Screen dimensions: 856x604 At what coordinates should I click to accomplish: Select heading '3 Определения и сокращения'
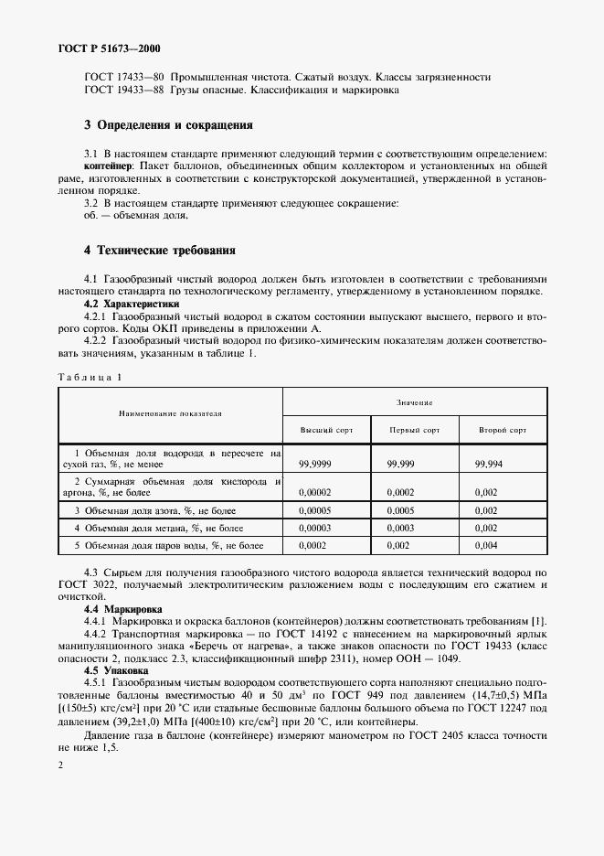[x=168, y=124]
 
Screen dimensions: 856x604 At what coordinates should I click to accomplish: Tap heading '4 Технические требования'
[x=160, y=249]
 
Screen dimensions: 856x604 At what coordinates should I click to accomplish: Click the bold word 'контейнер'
[x=108, y=166]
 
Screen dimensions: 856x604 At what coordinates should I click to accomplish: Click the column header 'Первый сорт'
[x=414, y=429]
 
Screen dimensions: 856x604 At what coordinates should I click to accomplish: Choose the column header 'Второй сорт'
[x=503, y=429]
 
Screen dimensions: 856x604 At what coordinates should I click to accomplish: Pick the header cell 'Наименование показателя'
[x=170, y=413]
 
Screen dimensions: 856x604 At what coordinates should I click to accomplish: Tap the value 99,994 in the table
[x=489, y=465]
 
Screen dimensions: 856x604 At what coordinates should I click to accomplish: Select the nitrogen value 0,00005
[x=319, y=510]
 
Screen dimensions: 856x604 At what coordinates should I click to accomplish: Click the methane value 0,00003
[x=319, y=529]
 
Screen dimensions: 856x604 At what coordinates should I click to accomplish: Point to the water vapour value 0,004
[x=486, y=546]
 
